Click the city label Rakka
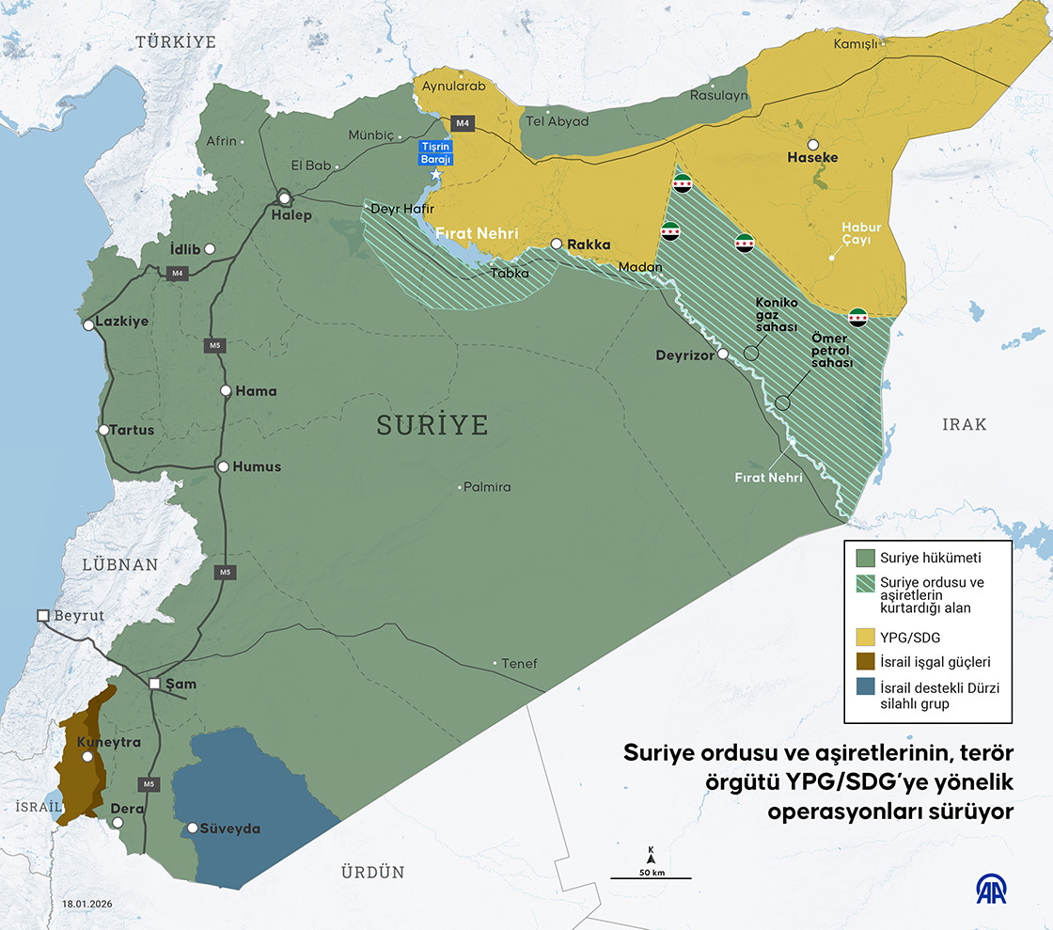pos(589,244)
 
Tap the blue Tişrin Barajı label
pos(436,152)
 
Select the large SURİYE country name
pos(432,425)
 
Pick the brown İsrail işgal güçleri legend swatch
pos(866,662)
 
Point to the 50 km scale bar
pos(651,876)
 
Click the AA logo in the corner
pos(993,890)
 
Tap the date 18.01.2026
pos(86,903)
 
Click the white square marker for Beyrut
pos(42,615)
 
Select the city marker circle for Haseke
pos(812,144)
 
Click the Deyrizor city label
pos(684,355)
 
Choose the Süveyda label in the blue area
pos(229,828)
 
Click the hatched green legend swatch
pos(866,584)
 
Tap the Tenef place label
pos(520,664)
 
